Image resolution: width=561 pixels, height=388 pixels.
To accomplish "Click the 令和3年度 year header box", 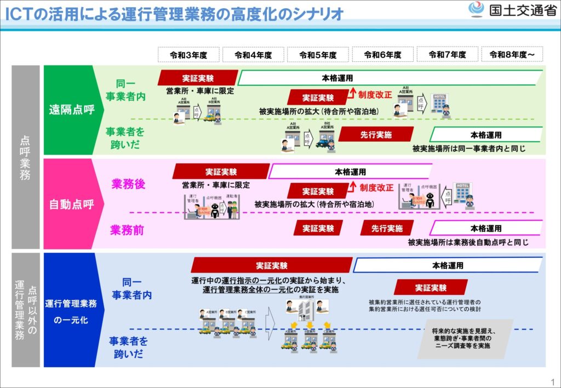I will [188, 55].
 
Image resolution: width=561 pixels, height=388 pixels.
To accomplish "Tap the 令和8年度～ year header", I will [513, 55].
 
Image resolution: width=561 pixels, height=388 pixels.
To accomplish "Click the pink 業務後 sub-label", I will [128, 184].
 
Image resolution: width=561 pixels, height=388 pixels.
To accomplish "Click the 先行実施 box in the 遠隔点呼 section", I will [375, 134].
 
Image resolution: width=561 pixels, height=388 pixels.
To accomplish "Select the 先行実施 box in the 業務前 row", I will [387, 228].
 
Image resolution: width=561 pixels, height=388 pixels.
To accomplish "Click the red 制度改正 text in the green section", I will [375, 95].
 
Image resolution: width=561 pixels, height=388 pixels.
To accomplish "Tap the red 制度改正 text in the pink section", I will [376, 188].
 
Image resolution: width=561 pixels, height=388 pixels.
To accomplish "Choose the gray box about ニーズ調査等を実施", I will [465, 339].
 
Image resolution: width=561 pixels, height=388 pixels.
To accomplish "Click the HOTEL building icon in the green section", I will [438, 104].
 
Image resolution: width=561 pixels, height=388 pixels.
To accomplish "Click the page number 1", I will [552, 381].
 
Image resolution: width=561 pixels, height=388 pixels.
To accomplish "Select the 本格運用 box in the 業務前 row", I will [485, 228].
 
